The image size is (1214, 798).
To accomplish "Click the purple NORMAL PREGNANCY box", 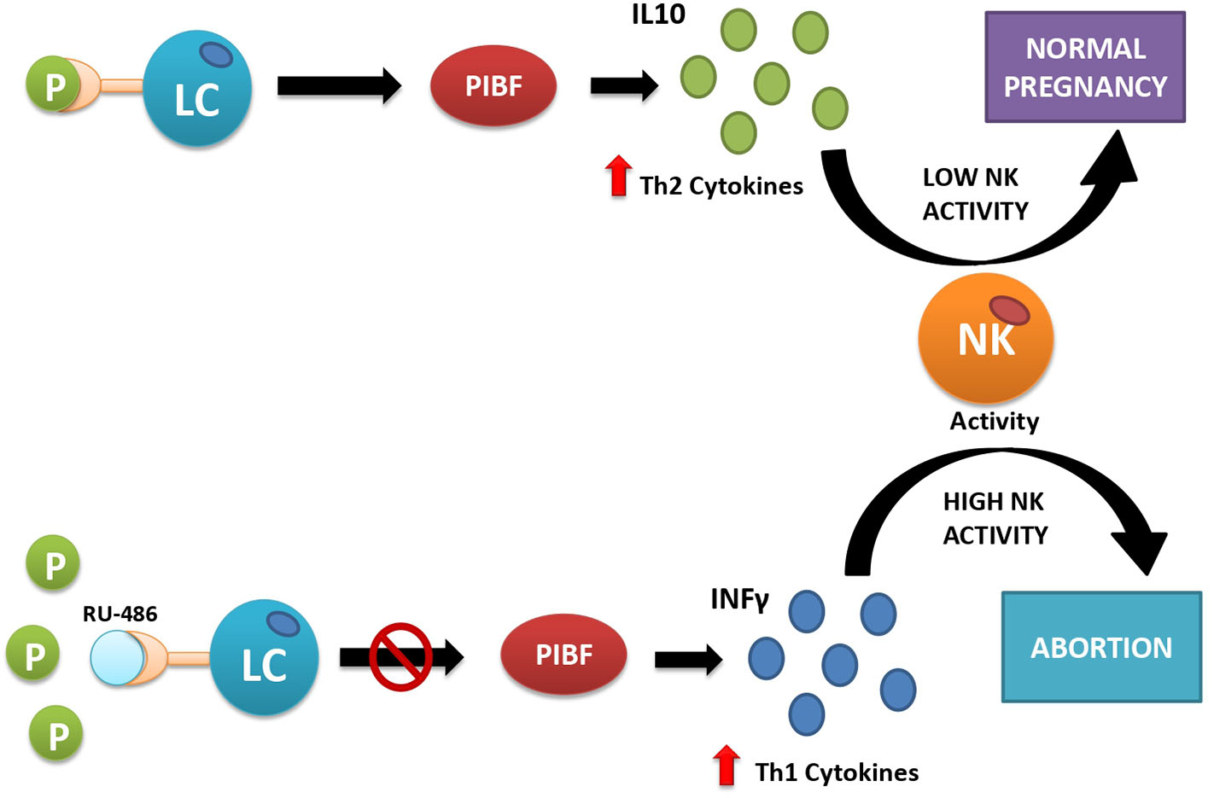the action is click(x=1085, y=67).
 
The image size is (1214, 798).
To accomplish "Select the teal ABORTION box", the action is click(x=1102, y=647).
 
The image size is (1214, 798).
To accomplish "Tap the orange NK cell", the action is click(x=986, y=339).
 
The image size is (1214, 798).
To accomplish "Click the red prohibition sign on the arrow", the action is click(x=400, y=656).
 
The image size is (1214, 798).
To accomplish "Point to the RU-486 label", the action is click(x=120, y=614).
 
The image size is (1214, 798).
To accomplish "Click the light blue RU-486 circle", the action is click(x=117, y=658).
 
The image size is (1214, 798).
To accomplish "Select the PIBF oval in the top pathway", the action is click(x=493, y=85).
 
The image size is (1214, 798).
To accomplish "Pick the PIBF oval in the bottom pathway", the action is click(x=563, y=654).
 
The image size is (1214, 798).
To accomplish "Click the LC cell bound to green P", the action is click(x=197, y=88).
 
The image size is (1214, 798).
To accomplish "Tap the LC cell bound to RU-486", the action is click(x=265, y=657).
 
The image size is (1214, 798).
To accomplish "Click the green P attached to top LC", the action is click(x=53, y=84).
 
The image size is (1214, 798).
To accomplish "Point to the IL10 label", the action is click(x=658, y=15).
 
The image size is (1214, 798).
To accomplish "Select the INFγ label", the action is click(x=740, y=600).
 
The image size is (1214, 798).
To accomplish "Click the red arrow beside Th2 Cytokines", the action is click(x=618, y=176).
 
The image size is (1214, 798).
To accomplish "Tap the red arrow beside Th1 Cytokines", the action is click(x=727, y=765).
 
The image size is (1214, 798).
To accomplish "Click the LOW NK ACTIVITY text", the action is click(x=975, y=194).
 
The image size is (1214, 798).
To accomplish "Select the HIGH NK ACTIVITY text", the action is click(x=995, y=518).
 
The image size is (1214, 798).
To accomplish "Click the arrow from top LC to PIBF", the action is click(x=339, y=85).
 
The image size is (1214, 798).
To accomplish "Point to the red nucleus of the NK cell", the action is click(x=1009, y=311).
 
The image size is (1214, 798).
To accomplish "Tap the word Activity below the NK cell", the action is click(x=995, y=422).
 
